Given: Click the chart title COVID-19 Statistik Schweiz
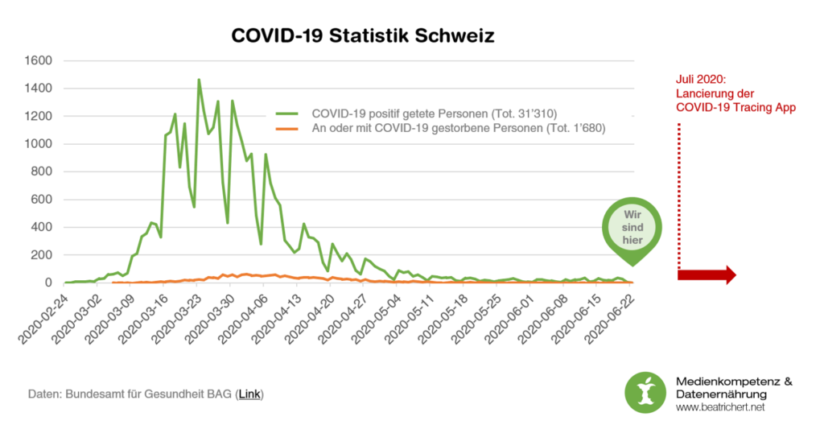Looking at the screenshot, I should (363, 35).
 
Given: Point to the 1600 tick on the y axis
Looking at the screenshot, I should (39, 61).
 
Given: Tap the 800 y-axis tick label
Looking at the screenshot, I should (42, 172).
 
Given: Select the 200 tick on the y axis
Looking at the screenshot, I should (42, 255).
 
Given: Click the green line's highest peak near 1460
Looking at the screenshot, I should (199, 80).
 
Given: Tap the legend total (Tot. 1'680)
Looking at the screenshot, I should (575, 127).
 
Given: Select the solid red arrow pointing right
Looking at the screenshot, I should (707, 274).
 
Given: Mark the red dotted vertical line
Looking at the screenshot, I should (678, 193).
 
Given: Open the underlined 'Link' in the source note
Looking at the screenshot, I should (249, 394).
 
